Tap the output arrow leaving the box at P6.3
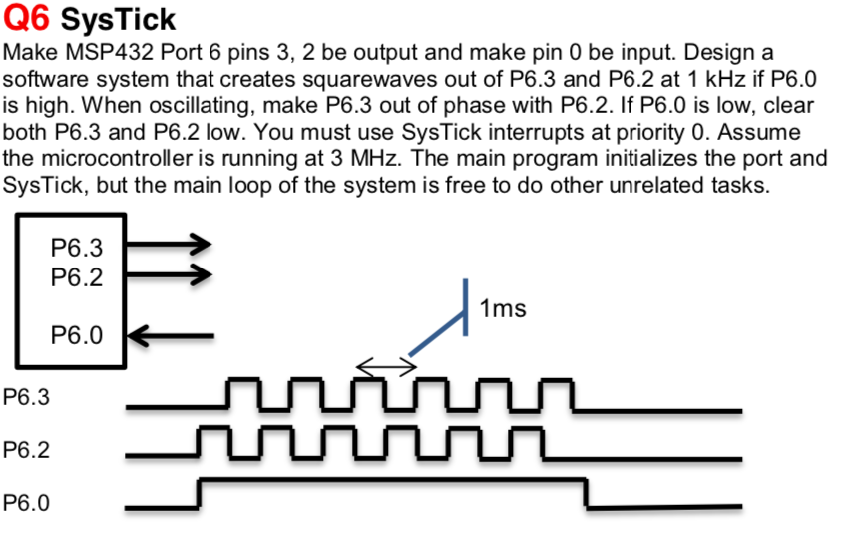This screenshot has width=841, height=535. click(168, 244)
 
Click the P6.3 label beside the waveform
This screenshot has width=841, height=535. click(27, 397)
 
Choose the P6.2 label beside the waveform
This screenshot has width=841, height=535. click(27, 450)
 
